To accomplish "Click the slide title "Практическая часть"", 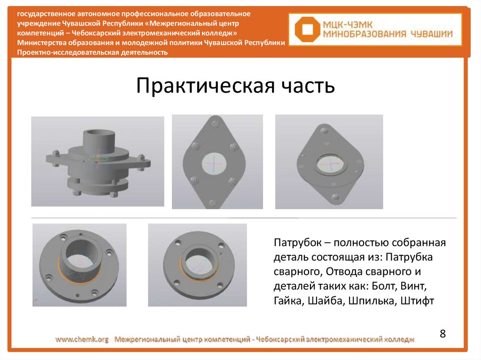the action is pos(235,85).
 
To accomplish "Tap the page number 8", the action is pos(442,333).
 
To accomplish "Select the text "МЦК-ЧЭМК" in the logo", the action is pos(348,24).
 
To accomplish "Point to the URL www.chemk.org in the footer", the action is pos(82,339).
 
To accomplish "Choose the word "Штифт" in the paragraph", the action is pos(418,300).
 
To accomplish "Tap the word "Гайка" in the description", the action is pos(288,300).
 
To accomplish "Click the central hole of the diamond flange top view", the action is pos(214,163).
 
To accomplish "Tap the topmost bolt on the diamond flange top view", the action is pos(215,123).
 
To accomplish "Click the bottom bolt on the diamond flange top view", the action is pos(212,202).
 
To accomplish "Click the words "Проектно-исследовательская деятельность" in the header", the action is pos(93,52).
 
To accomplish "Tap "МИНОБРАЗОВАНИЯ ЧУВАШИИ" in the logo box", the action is pos(388,34).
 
